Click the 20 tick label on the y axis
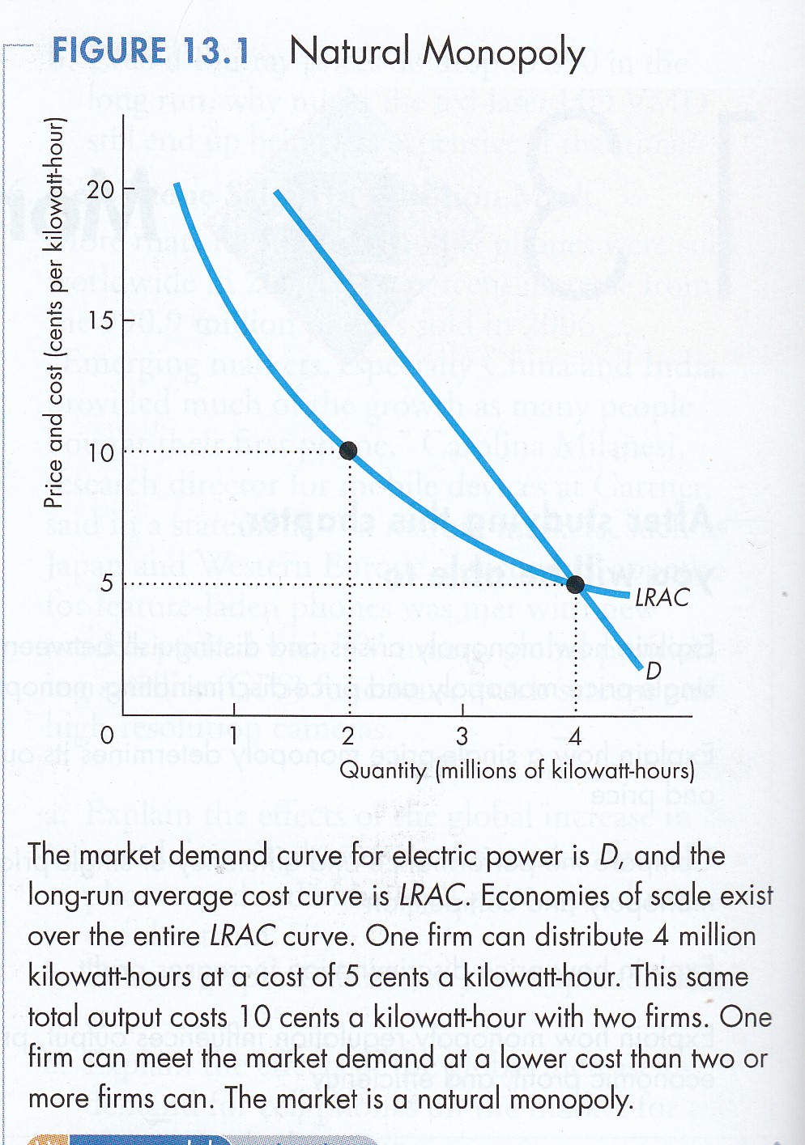[x=101, y=190]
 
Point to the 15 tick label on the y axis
[x=101, y=320]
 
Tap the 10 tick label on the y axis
[x=101, y=452]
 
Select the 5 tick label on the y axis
[x=107, y=583]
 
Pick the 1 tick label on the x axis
[x=233, y=736]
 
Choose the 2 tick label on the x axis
[x=347, y=736]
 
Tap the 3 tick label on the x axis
[x=462, y=736]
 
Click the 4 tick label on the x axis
[x=575, y=736]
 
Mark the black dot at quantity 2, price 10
[x=348, y=451]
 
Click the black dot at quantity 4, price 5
[x=575, y=583]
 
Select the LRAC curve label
[x=662, y=598]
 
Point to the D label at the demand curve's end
[x=654, y=670]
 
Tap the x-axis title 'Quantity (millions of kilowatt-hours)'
[x=517, y=770]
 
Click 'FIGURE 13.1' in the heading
[x=151, y=52]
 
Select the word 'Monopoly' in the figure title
[x=504, y=53]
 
